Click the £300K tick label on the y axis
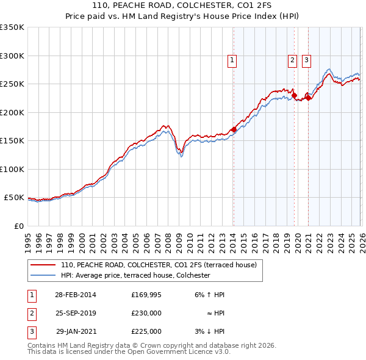pos(12,56)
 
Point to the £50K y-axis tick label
pos(14,198)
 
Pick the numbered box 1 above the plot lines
pos(233,60)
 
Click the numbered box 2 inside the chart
pos(293,60)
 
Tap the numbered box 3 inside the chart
pos(306,60)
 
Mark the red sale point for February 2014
pos(234,129)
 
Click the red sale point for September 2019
pos(294,95)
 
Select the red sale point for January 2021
pos(308,98)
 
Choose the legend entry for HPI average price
pos(135,275)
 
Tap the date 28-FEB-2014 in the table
pos(76,295)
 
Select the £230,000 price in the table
pos(146,313)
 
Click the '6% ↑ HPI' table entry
pos(209,295)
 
